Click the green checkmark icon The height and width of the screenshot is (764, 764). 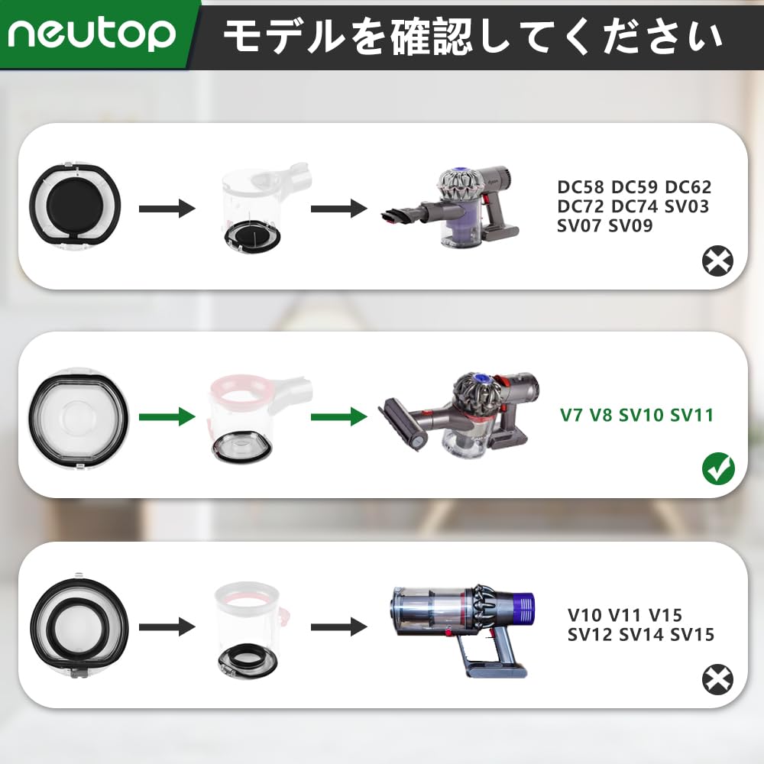point(718,468)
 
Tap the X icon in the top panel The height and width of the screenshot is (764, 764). point(717,262)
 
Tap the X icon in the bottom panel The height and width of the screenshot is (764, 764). point(717,679)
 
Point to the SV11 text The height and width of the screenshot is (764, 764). point(691,416)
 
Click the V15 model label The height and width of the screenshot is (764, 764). point(665,615)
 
